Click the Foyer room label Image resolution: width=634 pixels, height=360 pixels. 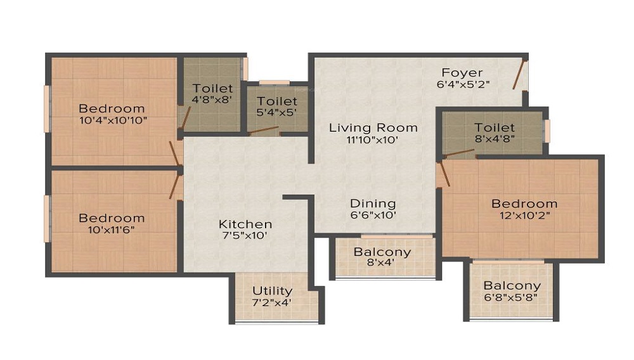462,73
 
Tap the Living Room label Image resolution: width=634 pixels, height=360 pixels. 373,128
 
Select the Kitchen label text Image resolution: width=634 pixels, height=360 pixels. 245,224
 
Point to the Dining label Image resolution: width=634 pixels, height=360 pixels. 373,204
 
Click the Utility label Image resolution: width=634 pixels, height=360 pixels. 272,291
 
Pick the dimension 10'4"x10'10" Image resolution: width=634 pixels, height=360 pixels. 113,120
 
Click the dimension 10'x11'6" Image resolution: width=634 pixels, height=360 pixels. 111,230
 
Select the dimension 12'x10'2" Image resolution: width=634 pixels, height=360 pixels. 525,215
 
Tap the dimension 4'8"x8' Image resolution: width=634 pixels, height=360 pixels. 212,100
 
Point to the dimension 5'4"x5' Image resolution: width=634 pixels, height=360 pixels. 276,112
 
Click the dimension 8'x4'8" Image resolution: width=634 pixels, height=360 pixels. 495,139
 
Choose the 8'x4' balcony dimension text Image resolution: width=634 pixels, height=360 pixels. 380,263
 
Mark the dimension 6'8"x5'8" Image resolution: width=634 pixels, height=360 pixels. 512,298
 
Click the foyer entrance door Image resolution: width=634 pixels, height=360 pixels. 520,75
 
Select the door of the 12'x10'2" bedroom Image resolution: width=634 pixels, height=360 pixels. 444,174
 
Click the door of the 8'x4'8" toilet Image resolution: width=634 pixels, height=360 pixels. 459,153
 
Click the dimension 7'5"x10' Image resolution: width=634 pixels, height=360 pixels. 245,236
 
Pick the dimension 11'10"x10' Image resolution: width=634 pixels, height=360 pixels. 373,140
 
